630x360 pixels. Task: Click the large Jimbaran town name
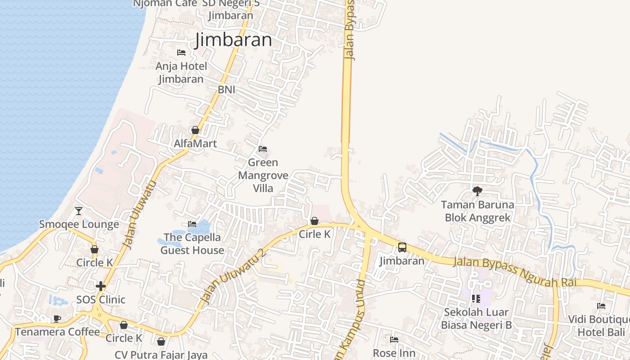[x=234, y=40]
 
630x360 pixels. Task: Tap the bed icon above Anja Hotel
[x=181, y=53]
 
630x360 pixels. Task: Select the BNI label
[x=226, y=90]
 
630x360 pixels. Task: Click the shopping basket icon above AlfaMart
[x=195, y=130]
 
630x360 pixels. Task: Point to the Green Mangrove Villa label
[x=263, y=175]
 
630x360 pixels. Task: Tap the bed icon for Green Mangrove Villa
[x=263, y=149]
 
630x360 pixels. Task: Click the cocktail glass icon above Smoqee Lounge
[x=79, y=211]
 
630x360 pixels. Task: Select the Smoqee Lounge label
[x=79, y=224]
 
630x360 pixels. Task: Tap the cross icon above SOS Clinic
[x=101, y=286]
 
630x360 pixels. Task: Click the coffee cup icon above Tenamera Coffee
[x=57, y=319]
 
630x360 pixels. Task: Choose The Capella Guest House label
[x=192, y=243]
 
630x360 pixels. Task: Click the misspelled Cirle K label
[x=315, y=234]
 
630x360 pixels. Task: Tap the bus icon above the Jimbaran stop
[x=402, y=247]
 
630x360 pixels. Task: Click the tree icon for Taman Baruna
[x=477, y=191]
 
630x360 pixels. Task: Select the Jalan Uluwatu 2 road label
[x=234, y=276]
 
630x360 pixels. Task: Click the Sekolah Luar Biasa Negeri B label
[x=476, y=318]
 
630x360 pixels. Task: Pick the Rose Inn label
[x=394, y=353]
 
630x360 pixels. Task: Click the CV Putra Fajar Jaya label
[x=161, y=355]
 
